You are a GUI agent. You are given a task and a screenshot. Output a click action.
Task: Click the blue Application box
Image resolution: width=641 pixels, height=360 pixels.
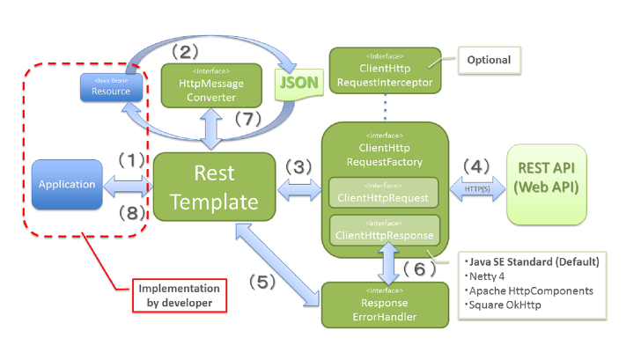pyautogui.click(x=67, y=185)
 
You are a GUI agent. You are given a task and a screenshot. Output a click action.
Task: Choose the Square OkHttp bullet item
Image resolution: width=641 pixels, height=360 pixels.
pyautogui.click(x=505, y=305)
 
